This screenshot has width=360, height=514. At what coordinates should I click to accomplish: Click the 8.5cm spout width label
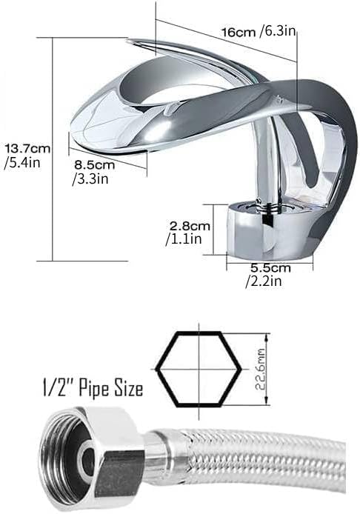93,164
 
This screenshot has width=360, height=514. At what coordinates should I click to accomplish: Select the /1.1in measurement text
181,238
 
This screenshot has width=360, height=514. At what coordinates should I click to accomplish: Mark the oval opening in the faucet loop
178,81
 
